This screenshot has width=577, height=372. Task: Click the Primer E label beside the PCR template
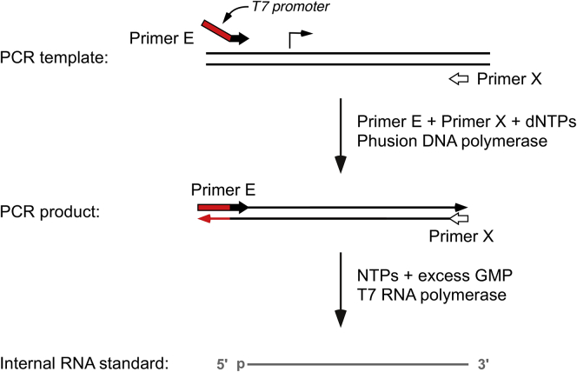pos(159,37)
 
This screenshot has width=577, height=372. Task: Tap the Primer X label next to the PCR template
pos(509,79)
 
